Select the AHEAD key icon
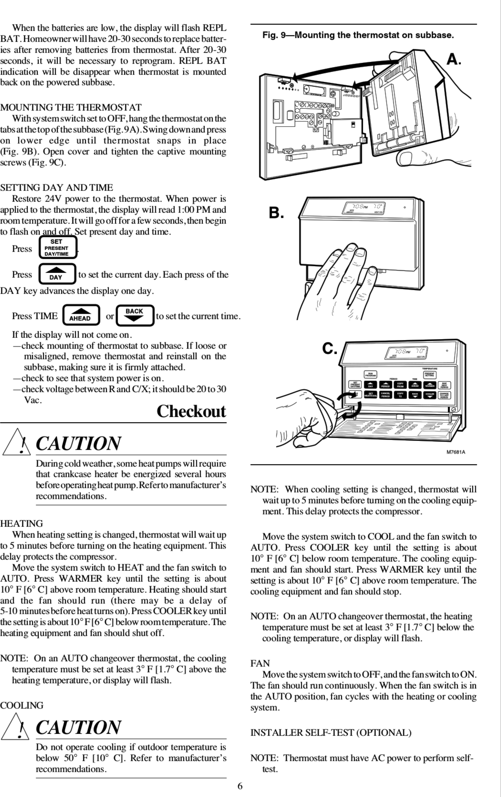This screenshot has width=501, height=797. [x=81, y=315]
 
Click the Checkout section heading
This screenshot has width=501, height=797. [x=191, y=411]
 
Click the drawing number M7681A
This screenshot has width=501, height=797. [x=456, y=452]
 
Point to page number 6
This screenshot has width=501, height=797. [x=240, y=786]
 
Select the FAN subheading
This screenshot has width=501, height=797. [x=260, y=663]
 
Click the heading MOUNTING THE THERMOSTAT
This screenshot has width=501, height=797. [x=70, y=108]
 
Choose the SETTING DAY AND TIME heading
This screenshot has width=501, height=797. [x=56, y=188]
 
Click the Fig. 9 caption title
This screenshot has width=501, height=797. [x=358, y=35]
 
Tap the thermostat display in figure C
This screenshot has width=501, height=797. [x=406, y=353]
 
